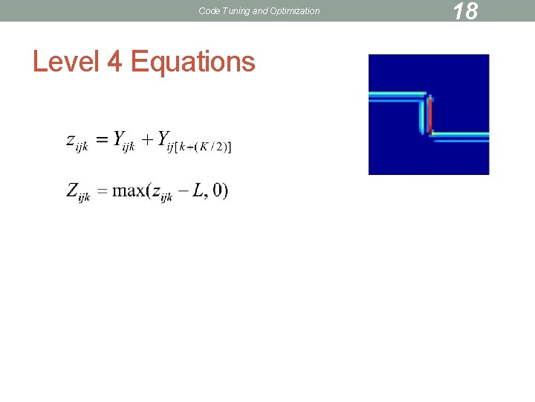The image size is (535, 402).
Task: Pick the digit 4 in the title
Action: click(114, 61)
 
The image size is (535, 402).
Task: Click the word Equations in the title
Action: click(192, 61)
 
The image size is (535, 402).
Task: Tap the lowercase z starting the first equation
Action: click(71, 139)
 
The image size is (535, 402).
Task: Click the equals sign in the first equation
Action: click(100, 139)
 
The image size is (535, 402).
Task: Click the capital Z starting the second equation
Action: click(73, 190)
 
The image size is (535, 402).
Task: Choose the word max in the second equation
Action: click(129, 191)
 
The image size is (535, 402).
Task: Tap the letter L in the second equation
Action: click(198, 190)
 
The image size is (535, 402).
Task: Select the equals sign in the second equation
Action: click(100, 191)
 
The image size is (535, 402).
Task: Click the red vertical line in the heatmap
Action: click(429, 115)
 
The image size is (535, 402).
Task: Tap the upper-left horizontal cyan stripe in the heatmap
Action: click(398, 96)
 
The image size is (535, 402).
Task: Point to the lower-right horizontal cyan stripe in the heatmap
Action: click(461, 136)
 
